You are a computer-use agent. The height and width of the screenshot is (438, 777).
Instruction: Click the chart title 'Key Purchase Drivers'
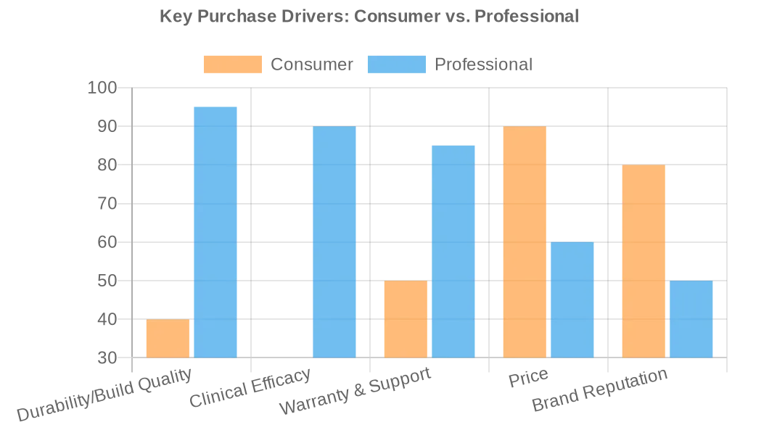tap(369, 16)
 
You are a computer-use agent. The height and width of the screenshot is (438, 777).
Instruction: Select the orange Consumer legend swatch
tap(232, 65)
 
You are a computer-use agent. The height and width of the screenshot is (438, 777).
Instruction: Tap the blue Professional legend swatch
tap(396, 65)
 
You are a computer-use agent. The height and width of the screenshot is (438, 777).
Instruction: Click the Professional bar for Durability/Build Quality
tap(215, 232)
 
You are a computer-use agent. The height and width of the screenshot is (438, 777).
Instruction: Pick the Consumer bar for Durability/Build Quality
tap(168, 338)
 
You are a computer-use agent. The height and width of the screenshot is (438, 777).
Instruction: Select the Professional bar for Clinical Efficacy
tap(334, 241)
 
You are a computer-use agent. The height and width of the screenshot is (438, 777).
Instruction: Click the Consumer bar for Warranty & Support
tap(406, 319)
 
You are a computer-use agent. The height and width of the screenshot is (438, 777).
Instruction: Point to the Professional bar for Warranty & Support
tap(453, 251)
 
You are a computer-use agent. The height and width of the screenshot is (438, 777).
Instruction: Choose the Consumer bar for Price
tap(525, 241)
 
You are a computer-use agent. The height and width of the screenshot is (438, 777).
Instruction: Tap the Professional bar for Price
tap(572, 299)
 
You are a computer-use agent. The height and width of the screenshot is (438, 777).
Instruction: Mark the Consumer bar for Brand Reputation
tap(644, 261)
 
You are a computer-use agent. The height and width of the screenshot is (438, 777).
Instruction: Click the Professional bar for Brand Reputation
tap(691, 319)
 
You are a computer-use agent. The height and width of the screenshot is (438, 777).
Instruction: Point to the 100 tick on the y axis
tap(102, 88)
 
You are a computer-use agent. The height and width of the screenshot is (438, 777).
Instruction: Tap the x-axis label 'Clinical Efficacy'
tap(250, 388)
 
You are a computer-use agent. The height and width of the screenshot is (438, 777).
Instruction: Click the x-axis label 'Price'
tap(528, 379)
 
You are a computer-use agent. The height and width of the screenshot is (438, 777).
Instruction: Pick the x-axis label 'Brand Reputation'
tap(600, 390)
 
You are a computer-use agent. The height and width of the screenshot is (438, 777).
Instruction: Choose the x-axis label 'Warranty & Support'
tap(355, 391)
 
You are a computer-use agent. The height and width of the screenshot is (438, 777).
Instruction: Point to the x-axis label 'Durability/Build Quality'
tap(104, 394)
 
